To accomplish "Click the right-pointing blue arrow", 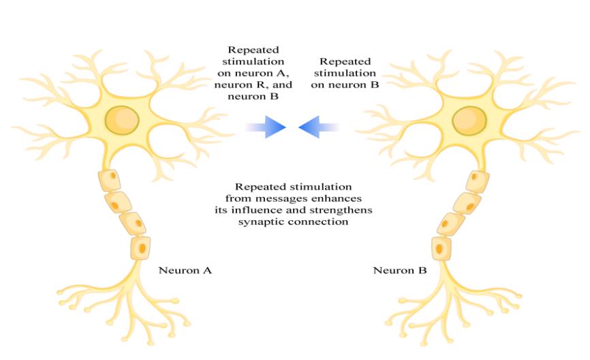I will pos(266,126).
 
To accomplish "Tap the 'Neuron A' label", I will pos(185,270).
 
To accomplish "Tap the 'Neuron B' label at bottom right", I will pos(400,270).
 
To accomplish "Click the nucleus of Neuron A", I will pos(122,121).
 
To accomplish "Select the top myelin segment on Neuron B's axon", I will pos(478,181).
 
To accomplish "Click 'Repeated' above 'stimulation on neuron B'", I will pos(345,61).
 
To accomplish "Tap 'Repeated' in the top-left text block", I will pos(253,49).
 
